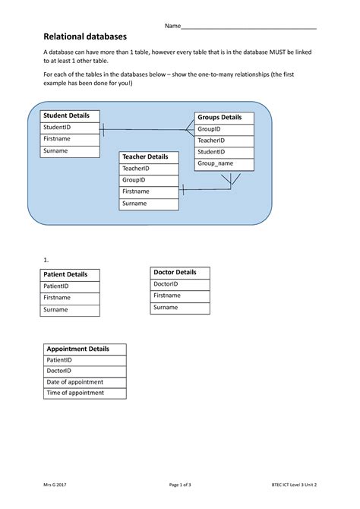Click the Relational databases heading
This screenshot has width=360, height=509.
(x=85, y=36)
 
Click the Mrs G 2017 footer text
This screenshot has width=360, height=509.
(x=55, y=485)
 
